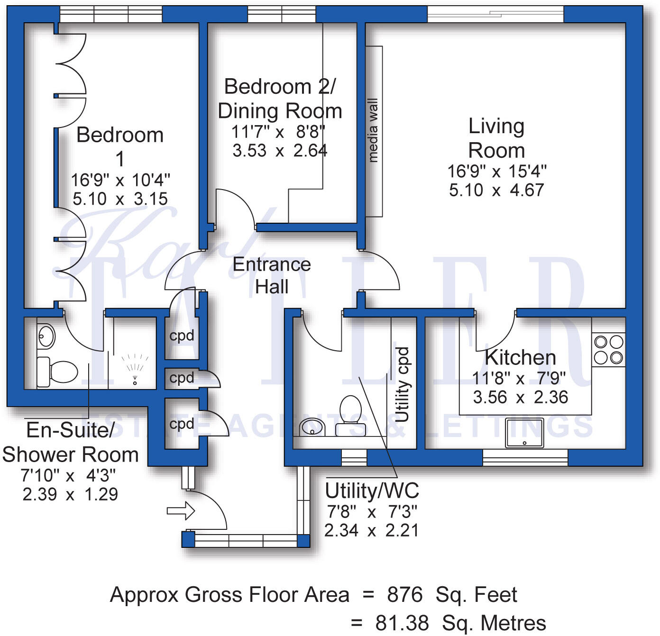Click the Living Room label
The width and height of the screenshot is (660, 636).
coord(496,138)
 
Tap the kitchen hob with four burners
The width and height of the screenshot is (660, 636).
coord(608,350)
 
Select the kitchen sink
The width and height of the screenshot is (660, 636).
coord(524,433)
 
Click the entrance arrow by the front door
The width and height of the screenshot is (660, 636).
coord(181,510)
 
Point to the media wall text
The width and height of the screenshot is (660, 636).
coord(373,130)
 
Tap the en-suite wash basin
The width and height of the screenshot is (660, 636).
coord(46,336)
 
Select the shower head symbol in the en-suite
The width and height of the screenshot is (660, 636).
coord(135,370)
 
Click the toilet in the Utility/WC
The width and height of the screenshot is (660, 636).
coord(350,416)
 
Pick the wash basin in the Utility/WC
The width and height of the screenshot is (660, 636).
coord(312,427)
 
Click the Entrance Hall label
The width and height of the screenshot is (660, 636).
coord(272,275)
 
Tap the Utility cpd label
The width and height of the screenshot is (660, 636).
coord(402,385)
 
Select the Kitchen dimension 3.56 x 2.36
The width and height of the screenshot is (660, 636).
coord(520,397)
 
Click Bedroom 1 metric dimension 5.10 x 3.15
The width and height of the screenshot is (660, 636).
coord(120,199)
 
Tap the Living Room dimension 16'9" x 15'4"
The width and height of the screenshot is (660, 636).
coord(497,172)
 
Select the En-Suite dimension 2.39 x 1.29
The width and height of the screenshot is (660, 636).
coord(70,494)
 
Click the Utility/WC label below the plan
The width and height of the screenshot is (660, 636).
coord(372,491)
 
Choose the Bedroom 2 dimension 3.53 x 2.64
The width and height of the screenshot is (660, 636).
coord(280,151)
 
